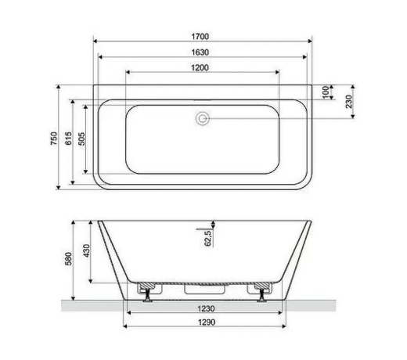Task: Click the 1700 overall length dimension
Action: click(x=200, y=37)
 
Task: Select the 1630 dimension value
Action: click(x=200, y=52)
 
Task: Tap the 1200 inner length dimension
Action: click(x=200, y=68)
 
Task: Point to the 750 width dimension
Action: click(x=54, y=139)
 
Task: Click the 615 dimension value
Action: click(x=68, y=139)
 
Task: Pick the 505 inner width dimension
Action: click(x=81, y=139)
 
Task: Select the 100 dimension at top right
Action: click(x=326, y=92)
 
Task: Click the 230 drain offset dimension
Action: click(x=348, y=102)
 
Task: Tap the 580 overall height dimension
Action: click(x=68, y=259)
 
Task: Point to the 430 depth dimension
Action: click(x=86, y=251)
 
